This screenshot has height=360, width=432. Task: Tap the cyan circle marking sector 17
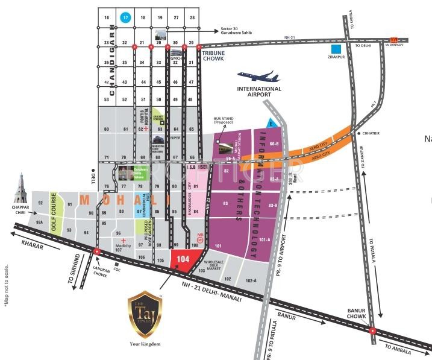coord(125,18)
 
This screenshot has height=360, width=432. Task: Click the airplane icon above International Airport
coord(258,77)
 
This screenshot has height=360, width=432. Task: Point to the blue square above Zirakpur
coord(339,49)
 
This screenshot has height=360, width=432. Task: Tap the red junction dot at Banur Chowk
coord(373,330)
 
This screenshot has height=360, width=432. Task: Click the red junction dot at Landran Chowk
coord(96,250)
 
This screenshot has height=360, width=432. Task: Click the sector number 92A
coord(40,223)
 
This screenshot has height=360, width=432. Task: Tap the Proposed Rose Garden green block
coord(143,228)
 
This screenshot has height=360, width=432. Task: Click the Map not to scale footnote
coord(5,287)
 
